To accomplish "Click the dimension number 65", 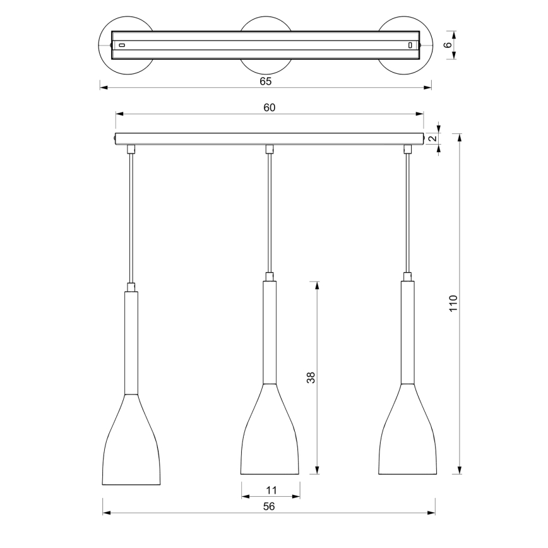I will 266,81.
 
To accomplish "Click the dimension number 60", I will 269,108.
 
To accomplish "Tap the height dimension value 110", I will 453,304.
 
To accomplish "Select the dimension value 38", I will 310,378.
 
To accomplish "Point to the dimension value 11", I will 271,489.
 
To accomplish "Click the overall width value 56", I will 268,506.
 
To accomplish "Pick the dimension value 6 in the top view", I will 448,45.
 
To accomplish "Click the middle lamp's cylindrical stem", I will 270,331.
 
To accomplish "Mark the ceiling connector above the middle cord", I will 270,149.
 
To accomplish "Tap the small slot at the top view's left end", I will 122,45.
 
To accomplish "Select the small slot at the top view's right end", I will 410,45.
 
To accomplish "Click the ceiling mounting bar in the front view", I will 269,138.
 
